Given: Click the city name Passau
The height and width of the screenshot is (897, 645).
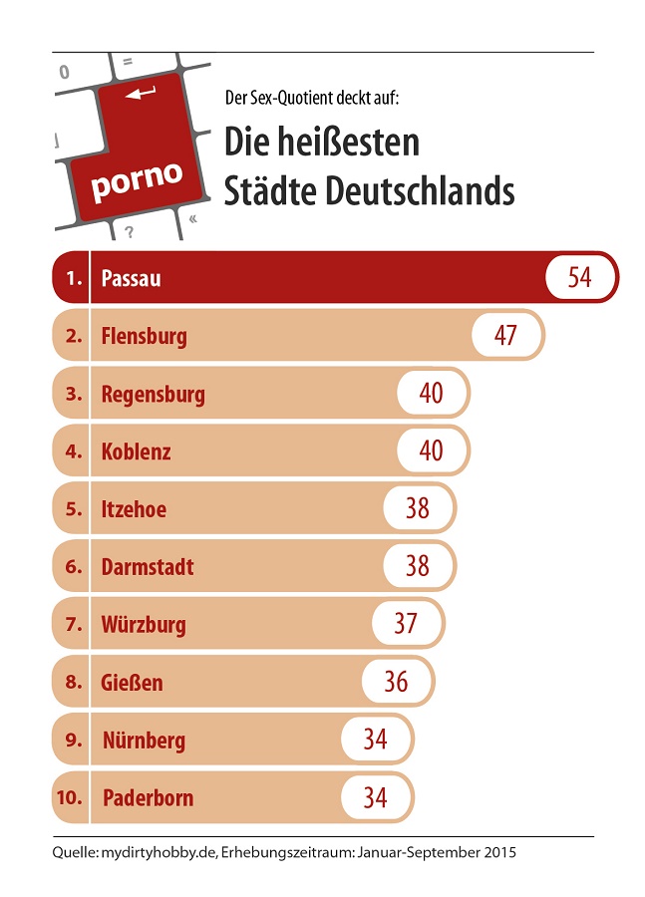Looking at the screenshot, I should pos(131,278).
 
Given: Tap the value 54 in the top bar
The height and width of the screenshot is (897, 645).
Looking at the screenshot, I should pos(579,277).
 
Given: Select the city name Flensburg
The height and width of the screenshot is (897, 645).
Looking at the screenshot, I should pos(144,336).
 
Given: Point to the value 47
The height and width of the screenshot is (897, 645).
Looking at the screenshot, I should pos(505,335).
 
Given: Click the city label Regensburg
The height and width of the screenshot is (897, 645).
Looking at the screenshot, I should pos(153,394).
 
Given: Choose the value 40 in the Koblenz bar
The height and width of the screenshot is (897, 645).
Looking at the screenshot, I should pos(431,450).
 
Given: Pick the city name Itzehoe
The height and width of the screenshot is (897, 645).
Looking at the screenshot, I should pos(134,509).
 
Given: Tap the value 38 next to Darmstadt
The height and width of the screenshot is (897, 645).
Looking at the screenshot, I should pos(417,566).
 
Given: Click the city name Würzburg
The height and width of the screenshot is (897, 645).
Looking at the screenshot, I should pos(144,625).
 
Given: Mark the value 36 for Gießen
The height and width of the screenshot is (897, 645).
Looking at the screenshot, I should pos(396,682).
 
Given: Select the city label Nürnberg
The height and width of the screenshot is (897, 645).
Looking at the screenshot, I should pos(144,741).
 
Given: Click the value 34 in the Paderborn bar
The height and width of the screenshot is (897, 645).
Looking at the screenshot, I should pos(375,797).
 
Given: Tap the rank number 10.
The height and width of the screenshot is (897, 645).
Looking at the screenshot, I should pos(71,798).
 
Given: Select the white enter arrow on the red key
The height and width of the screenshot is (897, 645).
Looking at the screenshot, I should pos(141,94).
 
